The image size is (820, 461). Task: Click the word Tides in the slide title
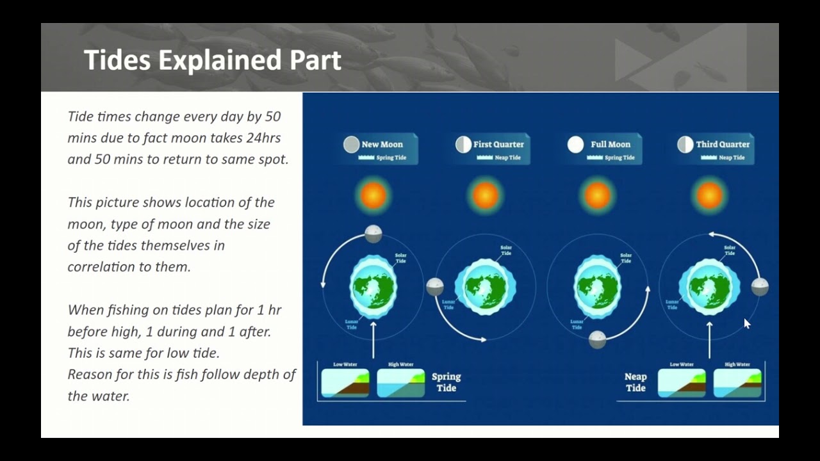point(118,60)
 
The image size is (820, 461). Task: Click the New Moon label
point(382,144)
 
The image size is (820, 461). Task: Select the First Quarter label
point(498,144)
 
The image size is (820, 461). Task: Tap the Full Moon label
point(611,144)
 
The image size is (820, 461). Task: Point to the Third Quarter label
point(723,144)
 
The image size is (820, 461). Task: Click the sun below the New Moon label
point(373,195)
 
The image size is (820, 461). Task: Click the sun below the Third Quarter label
point(709,195)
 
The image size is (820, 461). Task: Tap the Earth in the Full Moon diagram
point(597,286)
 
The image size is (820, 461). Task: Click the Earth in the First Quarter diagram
point(486,286)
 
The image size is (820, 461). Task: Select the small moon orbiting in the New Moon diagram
point(373,234)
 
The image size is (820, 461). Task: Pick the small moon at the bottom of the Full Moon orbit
point(597,339)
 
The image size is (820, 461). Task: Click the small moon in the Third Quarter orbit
point(760,286)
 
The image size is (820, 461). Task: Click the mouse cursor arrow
point(747,324)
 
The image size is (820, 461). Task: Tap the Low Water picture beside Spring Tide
point(345,383)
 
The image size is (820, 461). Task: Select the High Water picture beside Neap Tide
point(737,383)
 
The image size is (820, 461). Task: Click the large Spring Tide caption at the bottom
point(446,382)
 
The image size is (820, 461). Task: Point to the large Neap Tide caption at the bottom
point(635,382)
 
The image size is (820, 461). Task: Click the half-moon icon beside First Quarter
point(463,145)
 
